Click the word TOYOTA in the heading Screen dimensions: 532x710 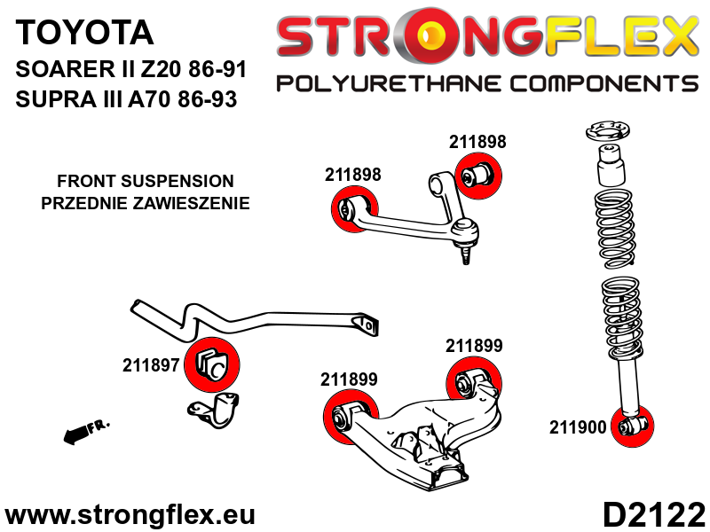pos(85,34)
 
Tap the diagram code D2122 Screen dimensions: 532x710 pos(654,514)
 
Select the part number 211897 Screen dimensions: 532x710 pos(152,364)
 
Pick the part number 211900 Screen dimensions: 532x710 pos(578,427)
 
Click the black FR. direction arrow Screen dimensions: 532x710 pos(85,431)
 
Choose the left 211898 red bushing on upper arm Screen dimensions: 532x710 pos(348,210)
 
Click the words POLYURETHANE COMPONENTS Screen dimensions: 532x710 pos(487,84)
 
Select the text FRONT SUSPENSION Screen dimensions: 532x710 pos(146,181)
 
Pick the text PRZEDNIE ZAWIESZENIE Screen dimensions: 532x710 pos(146,203)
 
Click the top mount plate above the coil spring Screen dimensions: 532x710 pos(610,135)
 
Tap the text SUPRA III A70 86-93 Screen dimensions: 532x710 pos(127,99)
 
